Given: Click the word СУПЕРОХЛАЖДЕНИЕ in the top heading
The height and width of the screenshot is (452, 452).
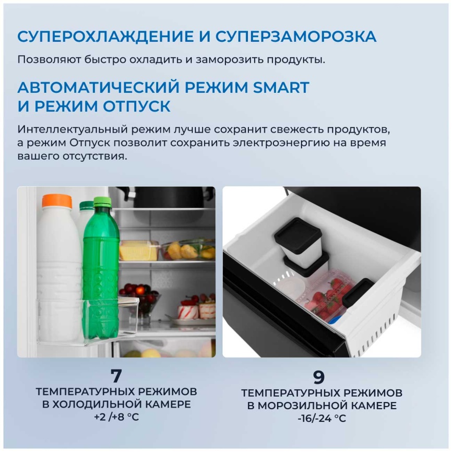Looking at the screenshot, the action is [x=105, y=37].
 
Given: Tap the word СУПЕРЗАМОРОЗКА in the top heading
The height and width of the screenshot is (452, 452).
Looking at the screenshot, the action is [x=296, y=37].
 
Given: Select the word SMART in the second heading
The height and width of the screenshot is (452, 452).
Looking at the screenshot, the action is [x=281, y=87].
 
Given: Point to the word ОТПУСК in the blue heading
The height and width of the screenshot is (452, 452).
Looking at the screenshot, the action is [x=137, y=106].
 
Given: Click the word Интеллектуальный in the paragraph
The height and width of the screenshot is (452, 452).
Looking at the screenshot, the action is [x=73, y=129].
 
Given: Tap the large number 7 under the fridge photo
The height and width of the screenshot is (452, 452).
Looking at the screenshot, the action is [x=116, y=376].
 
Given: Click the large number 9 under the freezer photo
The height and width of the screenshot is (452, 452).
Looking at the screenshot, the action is [x=319, y=377].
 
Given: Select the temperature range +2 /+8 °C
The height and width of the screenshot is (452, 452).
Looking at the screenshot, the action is [x=116, y=417].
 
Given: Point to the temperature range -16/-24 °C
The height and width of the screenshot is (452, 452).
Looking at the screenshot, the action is [x=322, y=418].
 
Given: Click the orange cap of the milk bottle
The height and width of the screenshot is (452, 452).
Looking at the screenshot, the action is [x=57, y=201].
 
